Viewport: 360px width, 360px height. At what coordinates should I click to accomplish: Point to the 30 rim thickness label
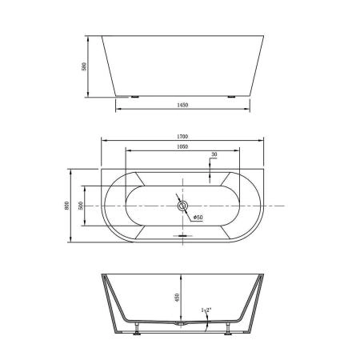pos(214,155)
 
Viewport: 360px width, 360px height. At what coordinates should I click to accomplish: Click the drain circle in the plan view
pos(182,206)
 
